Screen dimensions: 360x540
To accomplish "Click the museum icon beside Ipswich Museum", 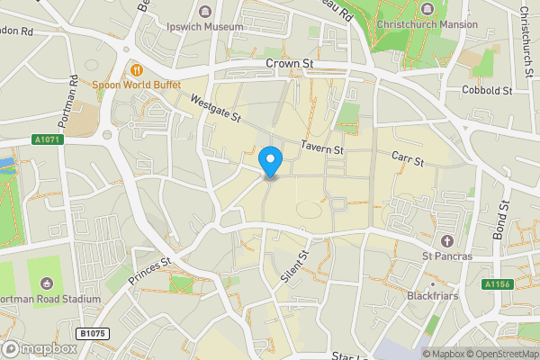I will (x=206, y=12).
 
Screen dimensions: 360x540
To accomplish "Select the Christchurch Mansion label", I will (x=427, y=24).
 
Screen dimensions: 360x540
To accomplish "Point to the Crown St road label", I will (x=289, y=64).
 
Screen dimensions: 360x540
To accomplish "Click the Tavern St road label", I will (x=322, y=147).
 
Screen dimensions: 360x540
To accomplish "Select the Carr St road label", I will (x=408, y=157).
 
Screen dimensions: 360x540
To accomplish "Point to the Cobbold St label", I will (x=486, y=91).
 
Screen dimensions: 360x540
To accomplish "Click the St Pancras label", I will (x=448, y=257).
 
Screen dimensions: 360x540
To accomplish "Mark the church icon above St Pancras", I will (x=448, y=241).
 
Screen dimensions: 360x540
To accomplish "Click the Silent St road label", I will (x=293, y=267).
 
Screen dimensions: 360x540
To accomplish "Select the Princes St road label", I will (x=149, y=273).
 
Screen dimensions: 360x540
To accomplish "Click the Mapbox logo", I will (x=40, y=348).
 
